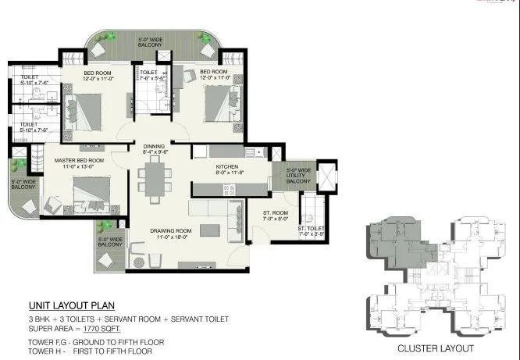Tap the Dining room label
(155, 149)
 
